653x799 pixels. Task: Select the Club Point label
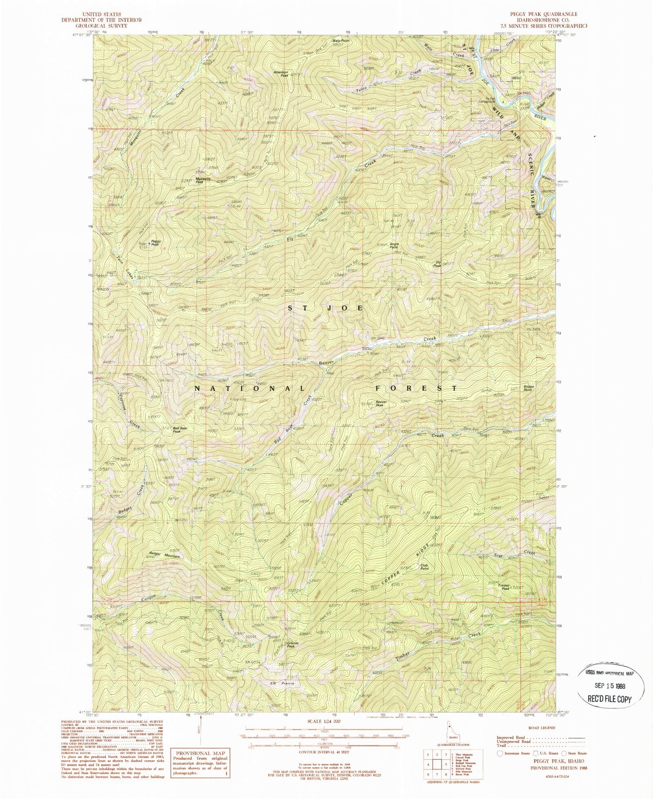(x=424, y=567)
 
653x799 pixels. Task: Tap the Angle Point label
(x=394, y=246)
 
